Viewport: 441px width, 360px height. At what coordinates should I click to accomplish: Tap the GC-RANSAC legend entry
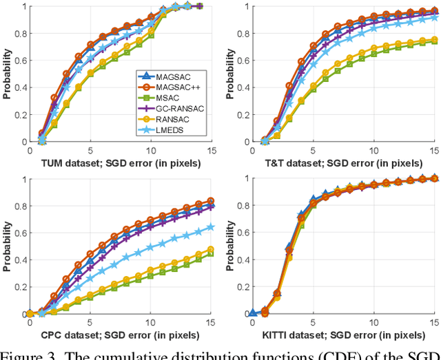click(163, 109)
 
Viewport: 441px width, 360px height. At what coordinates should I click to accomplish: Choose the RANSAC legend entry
click(161, 119)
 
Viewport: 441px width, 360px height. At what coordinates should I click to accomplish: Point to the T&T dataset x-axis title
click(343, 162)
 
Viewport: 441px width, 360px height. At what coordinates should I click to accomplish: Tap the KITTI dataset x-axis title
click(343, 335)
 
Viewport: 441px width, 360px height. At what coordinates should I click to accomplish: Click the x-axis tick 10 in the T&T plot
click(373, 150)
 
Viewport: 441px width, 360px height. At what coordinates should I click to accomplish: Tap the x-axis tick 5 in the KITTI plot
click(313, 322)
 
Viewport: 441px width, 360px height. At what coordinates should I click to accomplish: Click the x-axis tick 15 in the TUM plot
click(211, 150)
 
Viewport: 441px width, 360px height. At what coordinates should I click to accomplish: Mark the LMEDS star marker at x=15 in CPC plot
click(211, 226)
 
